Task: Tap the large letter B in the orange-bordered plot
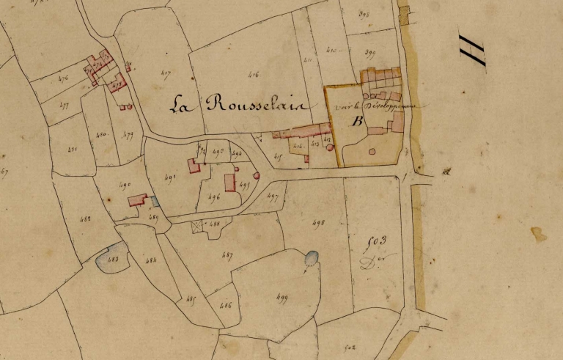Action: (x=358, y=121)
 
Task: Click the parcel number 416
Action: (x=254, y=74)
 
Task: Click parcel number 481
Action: (x=72, y=149)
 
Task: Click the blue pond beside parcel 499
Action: (x=312, y=257)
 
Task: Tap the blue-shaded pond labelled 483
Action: (x=112, y=258)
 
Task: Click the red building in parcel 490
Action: (x=137, y=199)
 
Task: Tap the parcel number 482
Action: (x=87, y=218)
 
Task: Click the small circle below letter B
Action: (x=372, y=152)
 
